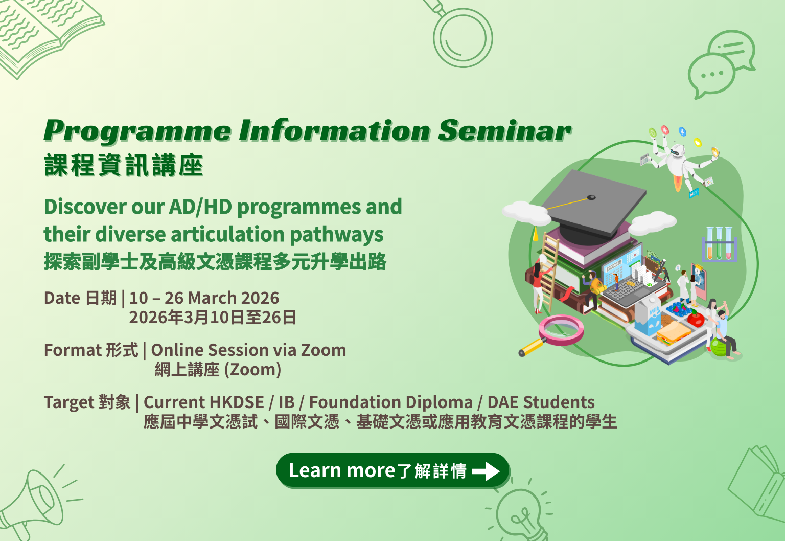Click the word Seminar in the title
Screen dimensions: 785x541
[x=504, y=130]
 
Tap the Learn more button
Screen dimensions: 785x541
[x=392, y=470]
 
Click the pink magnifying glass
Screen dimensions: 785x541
[x=552, y=335]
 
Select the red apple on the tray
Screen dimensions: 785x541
[x=696, y=319]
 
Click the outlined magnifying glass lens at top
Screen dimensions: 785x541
[x=463, y=38]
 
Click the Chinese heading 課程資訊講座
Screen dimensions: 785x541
[x=123, y=165]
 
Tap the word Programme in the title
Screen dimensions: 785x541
[x=137, y=131]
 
